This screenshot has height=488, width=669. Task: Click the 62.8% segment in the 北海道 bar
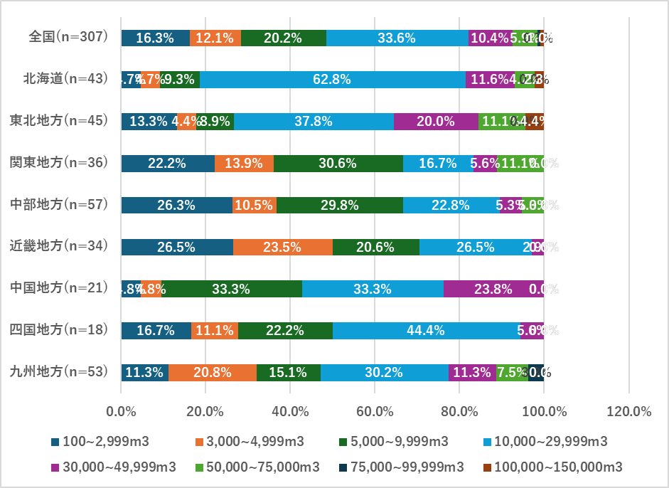click(332, 80)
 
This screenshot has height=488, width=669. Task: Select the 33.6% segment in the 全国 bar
click(397, 38)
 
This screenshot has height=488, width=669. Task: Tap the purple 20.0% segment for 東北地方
click(436, 121)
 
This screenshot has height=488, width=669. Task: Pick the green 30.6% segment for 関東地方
click(338, 163)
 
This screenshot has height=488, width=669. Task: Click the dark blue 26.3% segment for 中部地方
click(176, 205)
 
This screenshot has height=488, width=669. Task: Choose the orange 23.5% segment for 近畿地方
click(282, 247)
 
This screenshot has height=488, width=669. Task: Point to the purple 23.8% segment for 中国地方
click(493, 289)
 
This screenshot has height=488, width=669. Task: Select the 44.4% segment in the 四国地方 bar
click(426, 330)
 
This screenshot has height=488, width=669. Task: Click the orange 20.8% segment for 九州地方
click(212, 372)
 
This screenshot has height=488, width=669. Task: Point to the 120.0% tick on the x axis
click(628, 411)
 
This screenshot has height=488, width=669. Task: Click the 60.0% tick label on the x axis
click(375, 411)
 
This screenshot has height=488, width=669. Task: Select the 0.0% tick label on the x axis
click(121, 411)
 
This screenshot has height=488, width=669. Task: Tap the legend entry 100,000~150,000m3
click(552, 467)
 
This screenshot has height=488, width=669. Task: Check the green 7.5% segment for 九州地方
click(512, 372)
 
